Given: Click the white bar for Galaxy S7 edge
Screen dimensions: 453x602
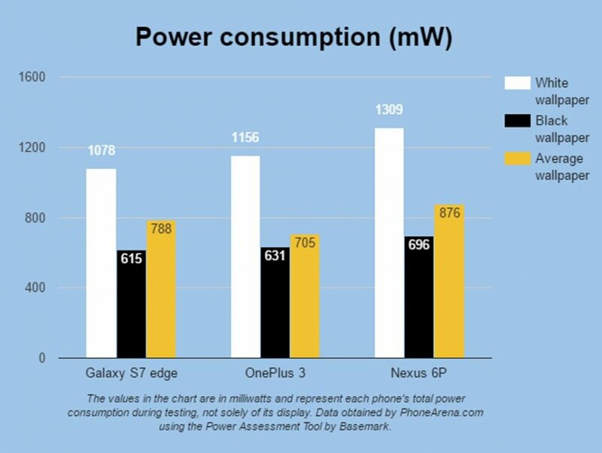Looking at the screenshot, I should pyautogui.click(x=101, y=263).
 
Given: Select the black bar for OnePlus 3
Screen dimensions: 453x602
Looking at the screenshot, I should pyautogui.click(x=275, y=301).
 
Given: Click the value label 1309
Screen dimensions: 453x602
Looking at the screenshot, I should pyautogui.click(x=389, y=111).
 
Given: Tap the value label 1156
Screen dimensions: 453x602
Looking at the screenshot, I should pyautogui.click(x=245, y=138).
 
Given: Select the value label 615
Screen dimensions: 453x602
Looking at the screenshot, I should pyautogui.click(x=131, y=259).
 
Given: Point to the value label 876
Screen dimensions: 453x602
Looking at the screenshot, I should pyautogui.click(x=448, y=213).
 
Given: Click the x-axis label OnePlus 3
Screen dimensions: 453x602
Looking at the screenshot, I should pyautogui.click(x=275, y=373).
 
